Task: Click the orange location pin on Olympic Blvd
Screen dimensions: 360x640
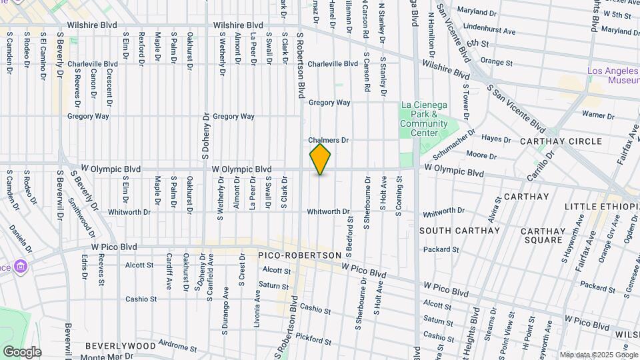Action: [x=321, y=159]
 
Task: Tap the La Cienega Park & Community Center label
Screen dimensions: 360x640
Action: [x=424, y=119]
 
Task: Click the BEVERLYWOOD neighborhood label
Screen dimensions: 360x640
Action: [x=119, y=346]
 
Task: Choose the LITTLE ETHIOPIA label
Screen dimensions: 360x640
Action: [x=602, y=207]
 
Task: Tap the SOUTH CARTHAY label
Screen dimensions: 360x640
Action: [x=459, y=231]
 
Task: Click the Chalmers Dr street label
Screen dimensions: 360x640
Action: [x=329, y=141]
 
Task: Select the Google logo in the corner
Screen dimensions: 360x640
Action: [x=22, y=352]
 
